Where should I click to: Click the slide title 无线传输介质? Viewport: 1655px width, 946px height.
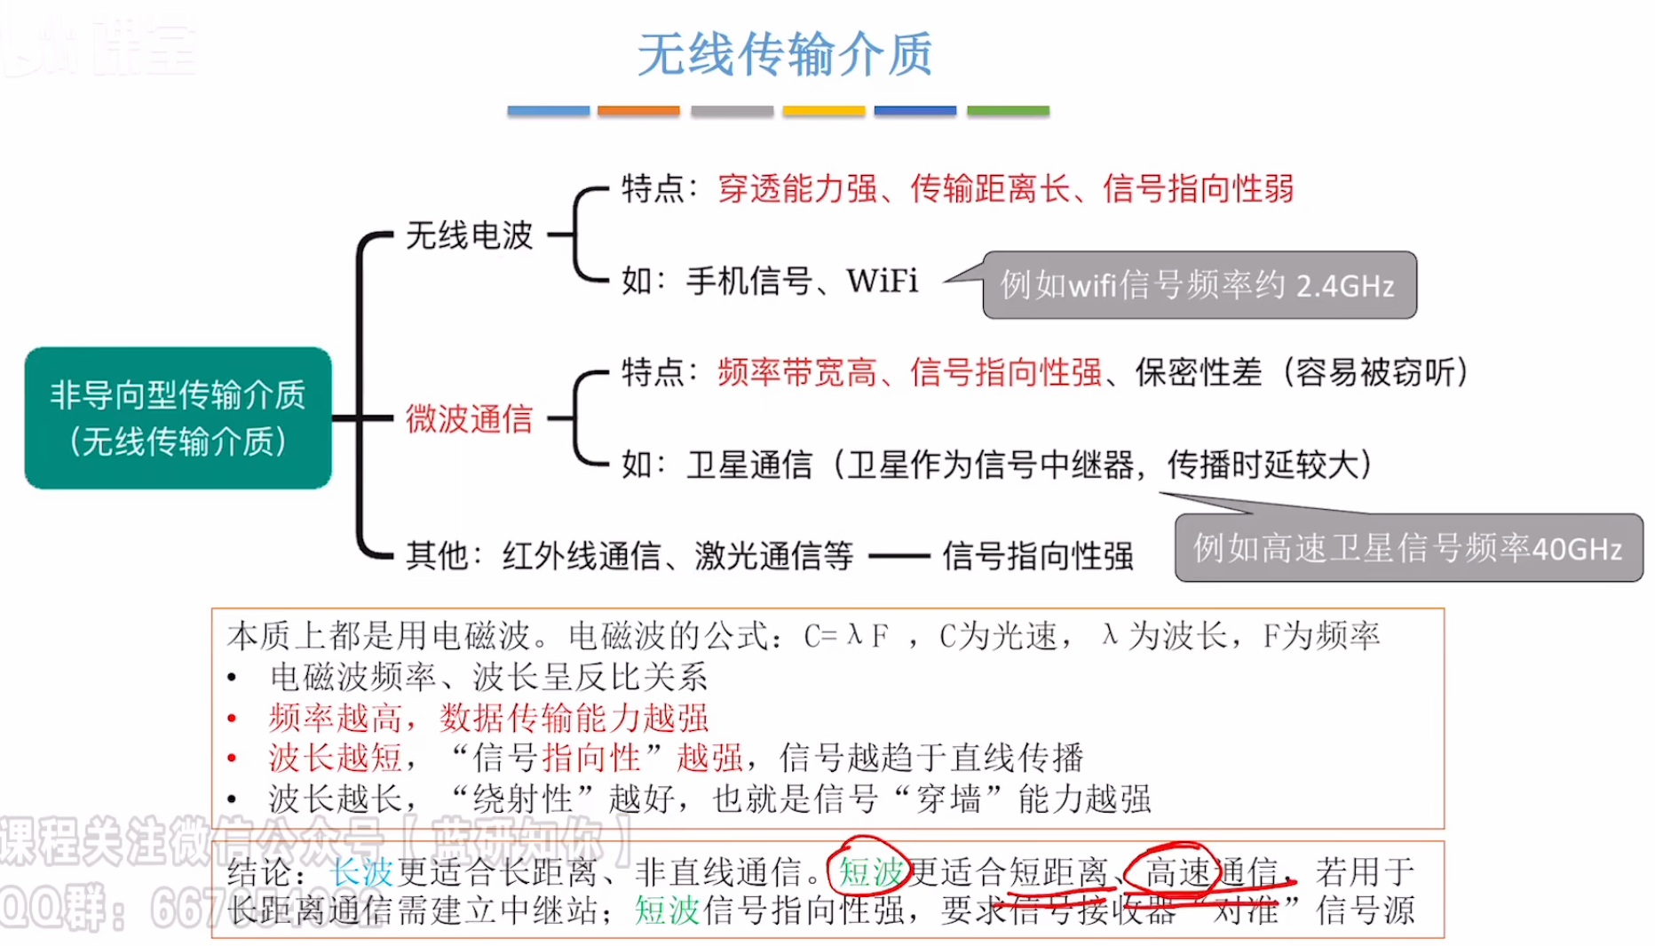pyautogui.click(x=785, y=54)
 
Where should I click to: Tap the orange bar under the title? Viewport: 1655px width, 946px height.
pyautogui.click(x=638, y=111)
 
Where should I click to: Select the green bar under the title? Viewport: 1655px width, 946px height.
pyautogui.click(x=1008, y=111)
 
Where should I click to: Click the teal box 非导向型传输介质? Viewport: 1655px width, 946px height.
pyautogui.click(x=178, y=417)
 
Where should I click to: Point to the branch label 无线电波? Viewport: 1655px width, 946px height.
pyautogui.click(x=469, y=235)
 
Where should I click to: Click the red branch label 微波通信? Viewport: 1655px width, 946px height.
pyautogui.click(x=469, y=418)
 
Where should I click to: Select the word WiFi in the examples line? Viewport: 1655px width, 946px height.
pyautogui.click(x=882, y=281)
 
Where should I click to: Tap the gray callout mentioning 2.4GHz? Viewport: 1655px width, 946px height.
pyautogui.click(x=1199, y=285)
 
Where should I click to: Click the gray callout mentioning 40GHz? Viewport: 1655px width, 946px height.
pyautogui.click(x=1408, y=548)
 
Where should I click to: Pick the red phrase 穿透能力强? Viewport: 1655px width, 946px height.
pyautogui.click(x=797, y=188)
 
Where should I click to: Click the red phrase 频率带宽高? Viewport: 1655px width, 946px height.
pyautogui.click(x=797, y=372)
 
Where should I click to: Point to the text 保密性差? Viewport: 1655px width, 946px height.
pyautogui.click(x=1199, y=372)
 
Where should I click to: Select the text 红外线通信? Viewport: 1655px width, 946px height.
pyautogui.click(x=582, y=556)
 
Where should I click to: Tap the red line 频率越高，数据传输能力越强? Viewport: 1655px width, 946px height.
pyautogui.click(x=488, y=717)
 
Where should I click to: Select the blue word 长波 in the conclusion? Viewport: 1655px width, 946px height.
pyautogui.click(x=361, y=871)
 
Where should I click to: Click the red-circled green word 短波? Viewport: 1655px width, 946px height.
pyautogui.click(x=870, y=871)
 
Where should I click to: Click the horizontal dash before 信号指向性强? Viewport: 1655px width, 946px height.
pyautogui.click(x=899, y=557)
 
